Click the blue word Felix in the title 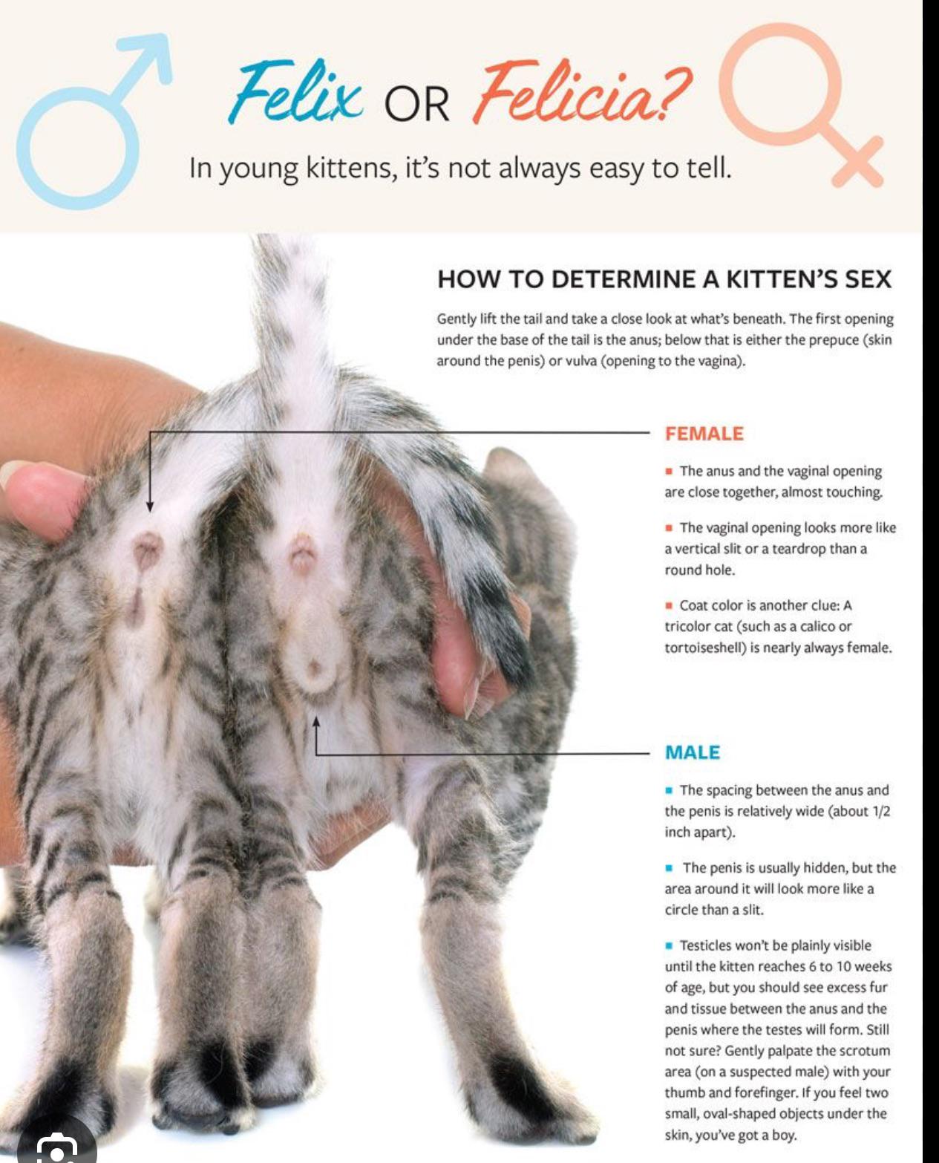click(x=295, y=91)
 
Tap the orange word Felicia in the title click(x=582, y=91)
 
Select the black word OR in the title click(x=417, y=104)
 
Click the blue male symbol click(x=94, y=121)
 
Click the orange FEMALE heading click(x=704, y=434)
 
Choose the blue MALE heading click(x=693, y=752)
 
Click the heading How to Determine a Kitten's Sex click(x=664, y=279)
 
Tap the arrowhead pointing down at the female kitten click(x=150, y=506)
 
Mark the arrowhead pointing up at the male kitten click(x=316, y=722)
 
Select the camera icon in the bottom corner click(x=56, y=1150)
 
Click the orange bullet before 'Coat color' click(x=668, y=605)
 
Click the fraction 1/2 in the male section click(x=881, y=812)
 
